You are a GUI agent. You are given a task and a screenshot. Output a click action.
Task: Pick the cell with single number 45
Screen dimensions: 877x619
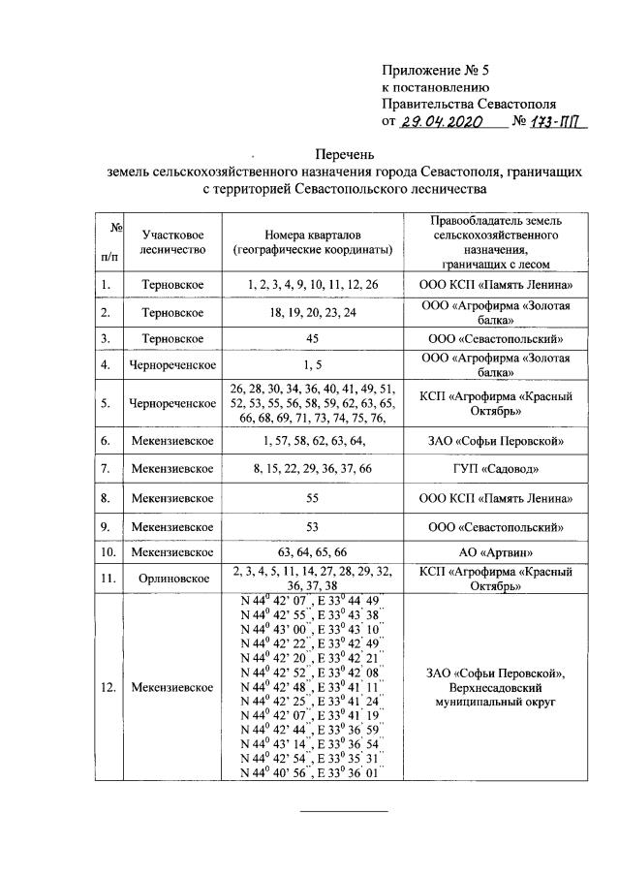coord(312,339)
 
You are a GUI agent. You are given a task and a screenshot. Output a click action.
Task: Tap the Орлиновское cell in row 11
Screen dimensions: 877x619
coord(171,579)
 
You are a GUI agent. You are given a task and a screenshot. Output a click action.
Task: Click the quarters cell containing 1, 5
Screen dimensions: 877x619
coord(312,365)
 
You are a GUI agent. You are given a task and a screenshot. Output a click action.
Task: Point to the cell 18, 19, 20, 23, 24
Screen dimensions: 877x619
coord(312,312)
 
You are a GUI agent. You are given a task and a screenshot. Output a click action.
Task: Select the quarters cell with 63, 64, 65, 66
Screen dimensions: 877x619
coord(312,551)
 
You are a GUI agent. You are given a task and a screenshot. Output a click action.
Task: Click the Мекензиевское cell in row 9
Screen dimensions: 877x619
coord(171,529)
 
